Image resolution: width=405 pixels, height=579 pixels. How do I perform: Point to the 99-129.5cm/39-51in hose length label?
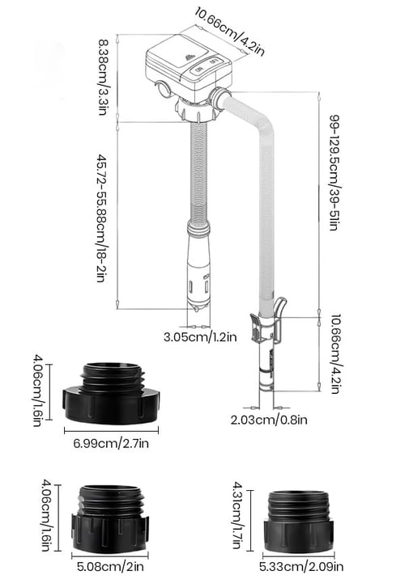(x=333, y=172)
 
